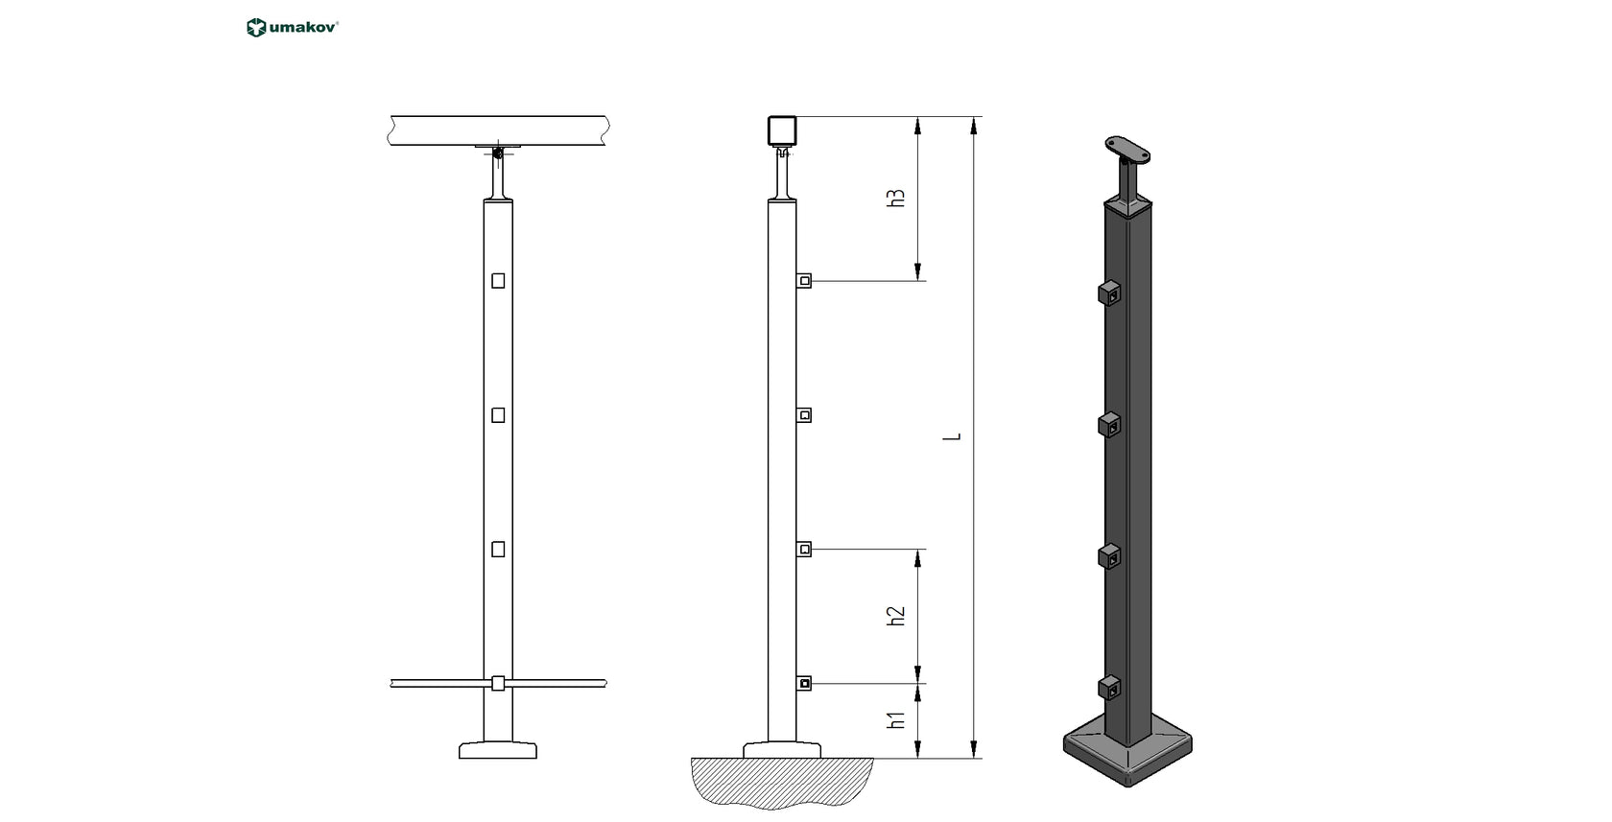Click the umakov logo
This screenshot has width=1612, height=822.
point(293,28)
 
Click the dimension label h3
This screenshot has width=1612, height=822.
point(895,199)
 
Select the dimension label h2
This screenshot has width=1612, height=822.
point(895,616)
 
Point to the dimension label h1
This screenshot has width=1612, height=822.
point(895,720)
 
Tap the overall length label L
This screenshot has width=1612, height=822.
point(953,437)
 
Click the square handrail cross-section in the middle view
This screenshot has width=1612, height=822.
point(782,130)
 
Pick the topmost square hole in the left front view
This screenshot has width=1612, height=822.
point(498,281)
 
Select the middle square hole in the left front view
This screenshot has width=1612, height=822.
point(498,415)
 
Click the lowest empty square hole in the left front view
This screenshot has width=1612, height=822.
point(498,550)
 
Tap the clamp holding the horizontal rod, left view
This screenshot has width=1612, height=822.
point(497,683)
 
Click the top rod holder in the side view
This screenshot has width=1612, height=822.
point(804,281)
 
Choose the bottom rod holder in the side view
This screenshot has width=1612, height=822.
point(804,683)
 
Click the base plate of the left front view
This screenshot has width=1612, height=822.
point(497,750)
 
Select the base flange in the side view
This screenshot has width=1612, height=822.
point(782,749)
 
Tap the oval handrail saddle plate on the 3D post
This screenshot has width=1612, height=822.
point(1126,149)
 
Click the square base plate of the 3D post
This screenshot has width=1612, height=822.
point(1128,753)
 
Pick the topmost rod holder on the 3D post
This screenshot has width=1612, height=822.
point(1109,293)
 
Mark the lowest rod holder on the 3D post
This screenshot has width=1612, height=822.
point(1109,688)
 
